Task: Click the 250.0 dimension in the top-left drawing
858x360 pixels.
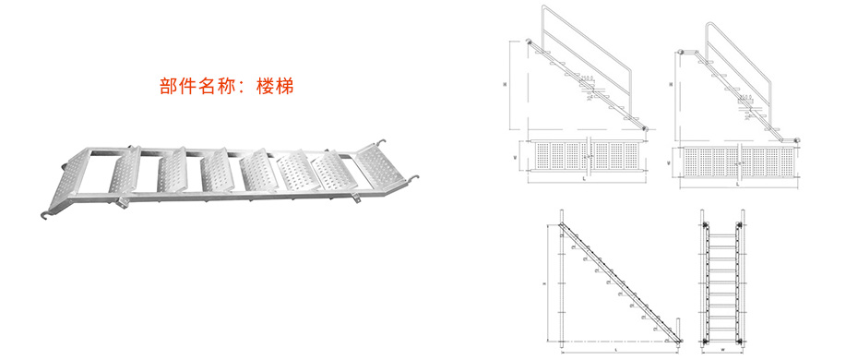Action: pyautogui.click(x=587, y=78)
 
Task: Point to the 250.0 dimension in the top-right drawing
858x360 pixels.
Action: pyautogui.click(x=745, y=95)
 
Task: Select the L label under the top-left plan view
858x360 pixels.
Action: pyautogui.click(x=586, y=183)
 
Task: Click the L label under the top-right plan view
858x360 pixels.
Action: pyautogui.click(x=738, y=183)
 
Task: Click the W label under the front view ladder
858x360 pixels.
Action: pyautogui.click(x=722, y=350)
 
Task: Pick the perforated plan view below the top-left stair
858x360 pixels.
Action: pyautogui.click(x=586, y=157)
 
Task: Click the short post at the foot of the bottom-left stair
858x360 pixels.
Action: pyautogui.click(x=680, y=328)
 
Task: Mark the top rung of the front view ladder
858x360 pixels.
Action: pyautogui.click(x=722, y=235)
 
